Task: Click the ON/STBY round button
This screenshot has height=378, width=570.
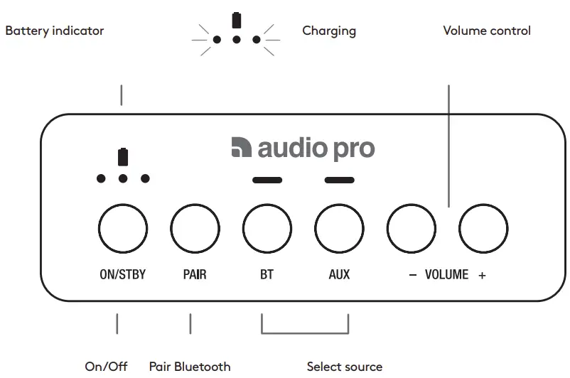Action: [122, 229]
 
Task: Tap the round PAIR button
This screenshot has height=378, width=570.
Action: [195, 229]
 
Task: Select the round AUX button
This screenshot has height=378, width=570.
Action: [340, 229]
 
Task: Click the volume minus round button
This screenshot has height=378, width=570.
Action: [412, 229]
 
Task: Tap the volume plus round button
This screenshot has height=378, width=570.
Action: [483, 229]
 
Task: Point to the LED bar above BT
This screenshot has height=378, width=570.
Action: [267, 180]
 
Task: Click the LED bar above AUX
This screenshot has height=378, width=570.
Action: [340, 180]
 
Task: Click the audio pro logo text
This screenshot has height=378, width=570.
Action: [303, 148]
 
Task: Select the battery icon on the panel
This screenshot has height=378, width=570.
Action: [123, 156]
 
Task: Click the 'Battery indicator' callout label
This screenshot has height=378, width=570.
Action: [55, 31]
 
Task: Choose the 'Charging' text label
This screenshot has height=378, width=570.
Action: [329, 31]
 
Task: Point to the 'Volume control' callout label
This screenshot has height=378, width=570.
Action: [487, 31]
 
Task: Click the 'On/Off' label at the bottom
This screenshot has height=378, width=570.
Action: [107, 367]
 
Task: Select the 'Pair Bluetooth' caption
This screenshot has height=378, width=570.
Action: [190, 367]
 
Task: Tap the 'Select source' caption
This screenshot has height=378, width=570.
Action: [345, 367]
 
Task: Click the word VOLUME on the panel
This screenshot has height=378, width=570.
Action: [446, 275]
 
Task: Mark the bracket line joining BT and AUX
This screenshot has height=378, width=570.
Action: [305, 333]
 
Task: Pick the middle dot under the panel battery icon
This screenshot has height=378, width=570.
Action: [123, 178]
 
